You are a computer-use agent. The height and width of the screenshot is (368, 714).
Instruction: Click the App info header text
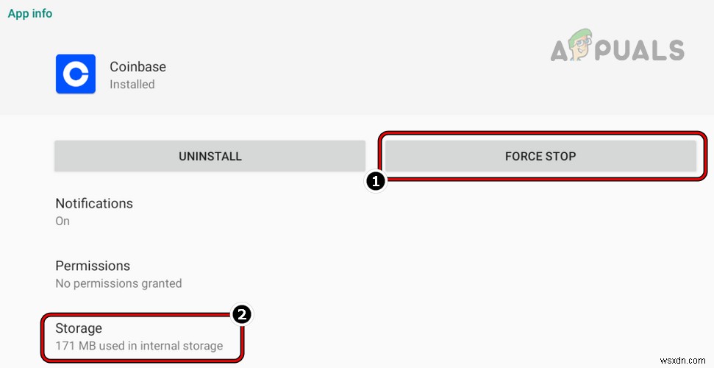30,13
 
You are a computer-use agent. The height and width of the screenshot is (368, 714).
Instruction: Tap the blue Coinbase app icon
76,74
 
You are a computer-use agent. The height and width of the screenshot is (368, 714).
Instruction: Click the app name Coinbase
138,66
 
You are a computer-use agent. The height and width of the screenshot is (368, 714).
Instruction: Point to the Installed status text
132,84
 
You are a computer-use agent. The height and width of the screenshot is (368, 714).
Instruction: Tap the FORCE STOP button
540,156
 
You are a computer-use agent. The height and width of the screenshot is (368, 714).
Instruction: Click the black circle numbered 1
376,182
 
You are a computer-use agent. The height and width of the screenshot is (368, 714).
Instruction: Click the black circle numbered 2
241,315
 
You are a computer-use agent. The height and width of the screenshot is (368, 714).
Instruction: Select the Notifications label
94,203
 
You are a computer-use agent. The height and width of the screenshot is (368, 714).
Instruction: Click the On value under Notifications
63,221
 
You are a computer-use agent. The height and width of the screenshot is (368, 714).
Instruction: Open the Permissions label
93,266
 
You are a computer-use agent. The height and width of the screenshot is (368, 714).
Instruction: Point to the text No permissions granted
118,283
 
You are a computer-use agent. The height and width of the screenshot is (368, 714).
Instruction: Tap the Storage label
79,328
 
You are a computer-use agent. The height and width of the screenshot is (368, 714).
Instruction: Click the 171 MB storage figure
78,345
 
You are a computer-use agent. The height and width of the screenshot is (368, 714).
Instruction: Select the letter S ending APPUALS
673,50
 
